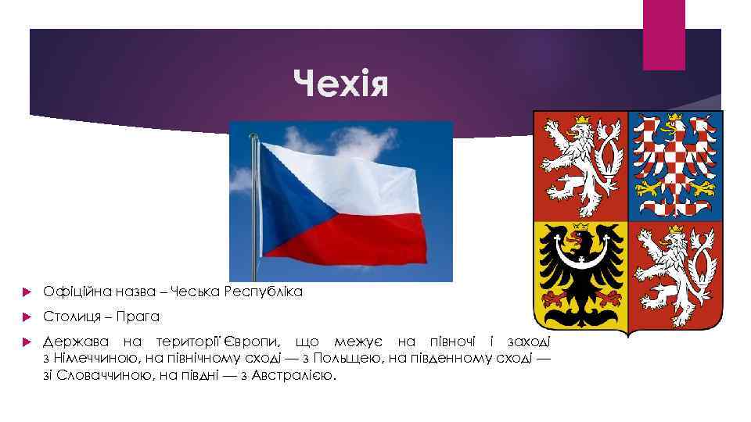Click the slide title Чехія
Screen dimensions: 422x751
pyautogui.click(x=340, y=81)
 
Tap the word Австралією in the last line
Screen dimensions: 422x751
pyautogui.click(x=297, y=376)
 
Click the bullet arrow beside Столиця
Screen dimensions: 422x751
pyautogui.click(x=28, y=317)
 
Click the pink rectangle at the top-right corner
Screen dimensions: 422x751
pyautogui.click(x=663, y=34)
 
